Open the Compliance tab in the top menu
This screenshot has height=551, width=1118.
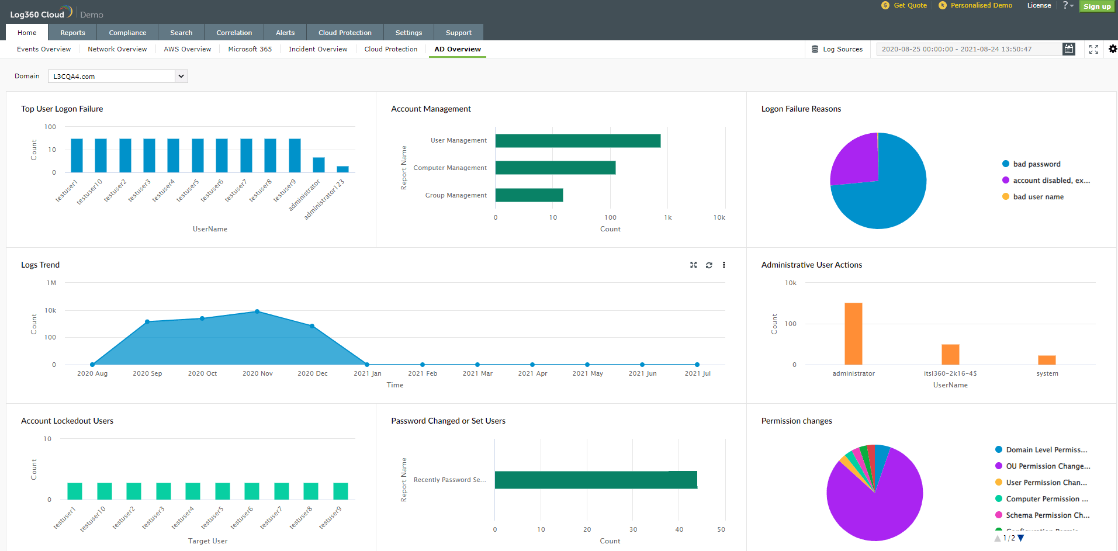pyautogui.click(x=127, y=33)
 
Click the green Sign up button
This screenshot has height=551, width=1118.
pyautogui.click(x=1096, y=6)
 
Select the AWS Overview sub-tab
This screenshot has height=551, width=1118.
pyautogui.click(x=187, y=49)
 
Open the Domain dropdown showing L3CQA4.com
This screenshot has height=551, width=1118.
pyautogui.click(x=117, y=77)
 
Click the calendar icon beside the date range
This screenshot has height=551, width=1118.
pyautogui.click(x=1068, y=49)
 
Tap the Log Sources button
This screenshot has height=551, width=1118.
pyautogui.click(x=837, y=49)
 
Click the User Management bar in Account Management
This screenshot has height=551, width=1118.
pyautogui.click(x=577, y=141)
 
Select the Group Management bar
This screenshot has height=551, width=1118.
pyautogui.click(x=529, y=195)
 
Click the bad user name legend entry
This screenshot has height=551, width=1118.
pyautogui.click(x=1038, y=197)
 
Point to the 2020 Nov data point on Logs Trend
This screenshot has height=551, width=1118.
pyautogui.click(x=257, y=311)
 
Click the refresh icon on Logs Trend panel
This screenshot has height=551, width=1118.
pyautogui.click(x=709, y=265)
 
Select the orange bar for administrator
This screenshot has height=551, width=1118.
pyautogui.click(x=853, y=333)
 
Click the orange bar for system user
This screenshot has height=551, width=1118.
pyautogui.click(x=1047, y=360)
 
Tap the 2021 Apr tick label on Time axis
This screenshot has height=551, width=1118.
pyautogui.click(x=532, y=373)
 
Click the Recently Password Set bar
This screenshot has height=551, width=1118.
pyautogui.click(x=596, y=480)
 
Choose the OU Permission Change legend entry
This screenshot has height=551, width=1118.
pyautogui.click(x=1047, y=466)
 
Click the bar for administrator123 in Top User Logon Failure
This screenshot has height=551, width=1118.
pyautogui.click(x=342, y=169)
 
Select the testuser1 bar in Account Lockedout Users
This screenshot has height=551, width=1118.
pyautogui.click(x=75, y=491)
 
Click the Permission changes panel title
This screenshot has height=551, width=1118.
pyautogui.click(x=796, y=421)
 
